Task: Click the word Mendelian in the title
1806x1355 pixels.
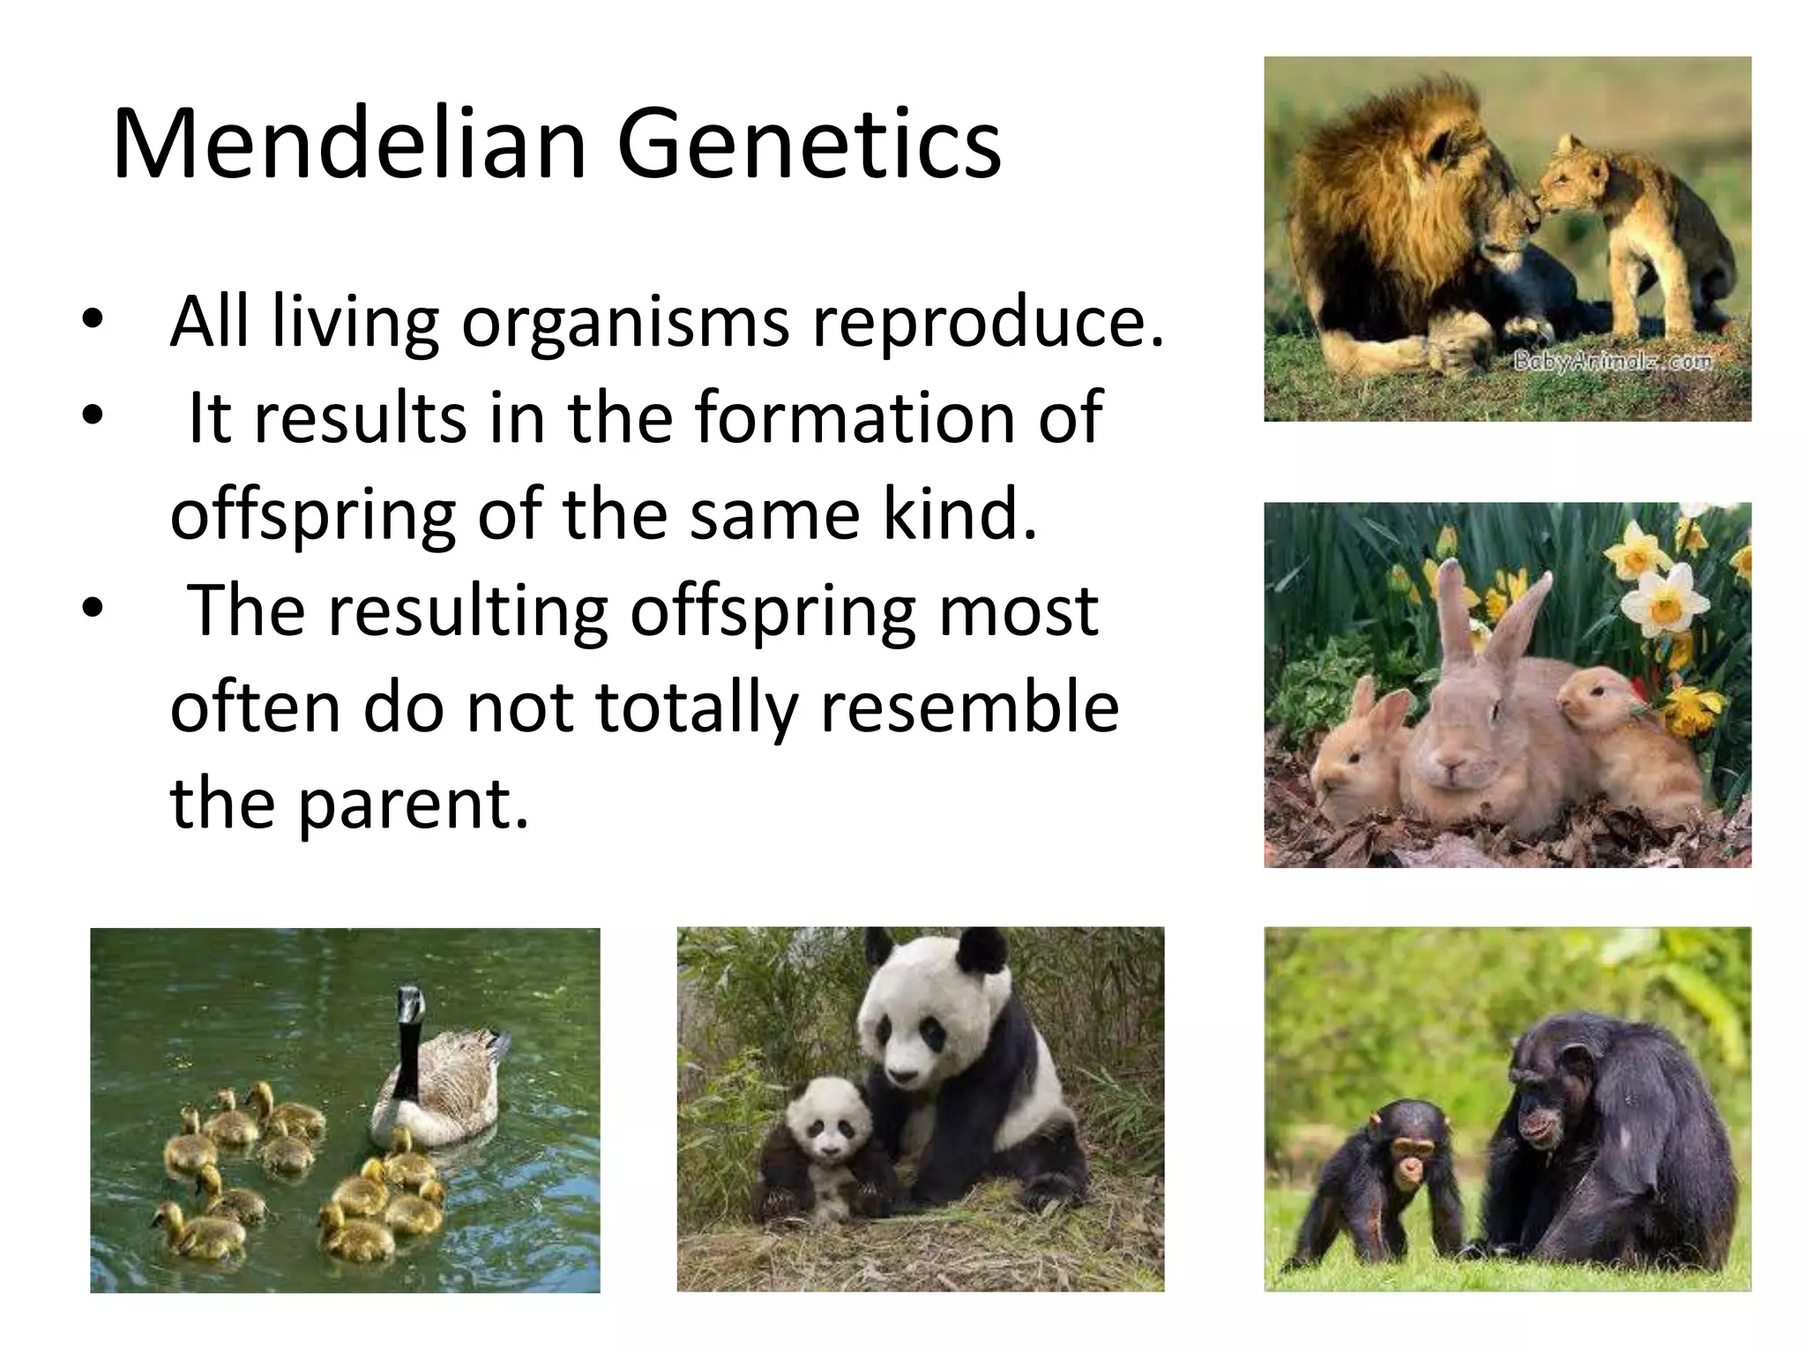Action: click(349, 144)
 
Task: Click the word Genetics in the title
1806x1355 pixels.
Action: click(809, 144)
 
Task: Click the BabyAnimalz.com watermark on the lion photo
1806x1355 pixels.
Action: click(1612, 362)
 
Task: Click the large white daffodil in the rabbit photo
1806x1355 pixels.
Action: click(1662, 600)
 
